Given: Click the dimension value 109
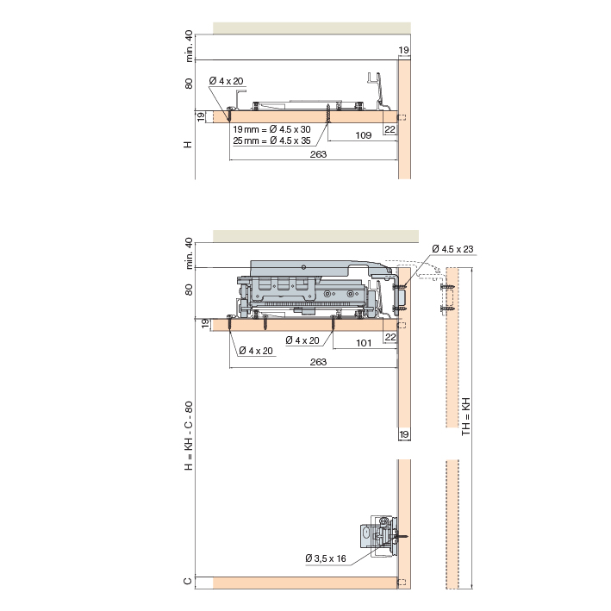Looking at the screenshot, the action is click(x=363, y=135).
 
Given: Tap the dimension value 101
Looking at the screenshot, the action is click(x=364, y=343).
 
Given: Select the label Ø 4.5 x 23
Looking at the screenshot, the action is click(x=452, y=249).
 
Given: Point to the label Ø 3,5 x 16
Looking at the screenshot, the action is click(x=326, y=558).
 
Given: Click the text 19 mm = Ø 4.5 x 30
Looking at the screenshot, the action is click(x=271, y=129).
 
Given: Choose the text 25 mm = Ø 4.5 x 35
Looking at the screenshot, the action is click(x=271, y=140).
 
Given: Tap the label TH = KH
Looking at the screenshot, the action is click(x=466, y=416).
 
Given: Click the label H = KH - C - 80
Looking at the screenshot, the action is click(x=189, y=436).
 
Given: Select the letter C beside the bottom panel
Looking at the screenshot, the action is click(x=188, y=581).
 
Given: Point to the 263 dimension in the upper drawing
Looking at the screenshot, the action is click(x=318, y=154).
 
